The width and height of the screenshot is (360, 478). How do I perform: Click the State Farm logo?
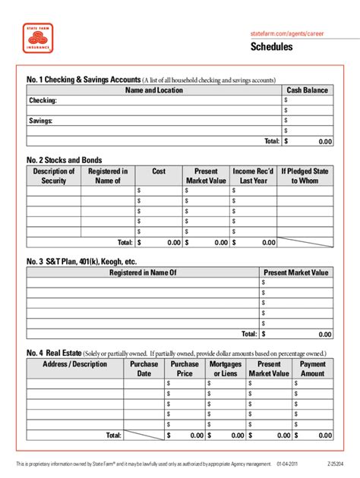(38, 37)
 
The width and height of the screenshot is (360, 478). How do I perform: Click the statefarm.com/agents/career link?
(292, 35)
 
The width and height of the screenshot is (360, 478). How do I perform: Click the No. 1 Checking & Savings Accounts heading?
(84, 80)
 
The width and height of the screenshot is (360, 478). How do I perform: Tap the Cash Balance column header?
(307, 90)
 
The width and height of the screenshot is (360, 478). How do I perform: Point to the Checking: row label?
(43, 100)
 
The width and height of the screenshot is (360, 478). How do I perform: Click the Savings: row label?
(41, 120)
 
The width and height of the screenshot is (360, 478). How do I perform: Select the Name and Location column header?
(153, 90)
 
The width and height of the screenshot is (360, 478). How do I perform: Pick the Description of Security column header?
(54, 176)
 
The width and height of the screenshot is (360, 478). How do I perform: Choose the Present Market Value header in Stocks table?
(206, 176)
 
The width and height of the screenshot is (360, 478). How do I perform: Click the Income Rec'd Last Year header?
(254, 176)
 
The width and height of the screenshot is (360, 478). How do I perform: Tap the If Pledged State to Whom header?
(305, 176)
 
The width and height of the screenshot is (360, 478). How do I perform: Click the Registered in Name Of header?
(143, 272)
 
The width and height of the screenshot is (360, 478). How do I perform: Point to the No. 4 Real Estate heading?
(54, 353)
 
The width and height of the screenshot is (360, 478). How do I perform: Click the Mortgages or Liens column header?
(226, 369)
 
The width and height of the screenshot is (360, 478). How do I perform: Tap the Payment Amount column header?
(312, 369)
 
